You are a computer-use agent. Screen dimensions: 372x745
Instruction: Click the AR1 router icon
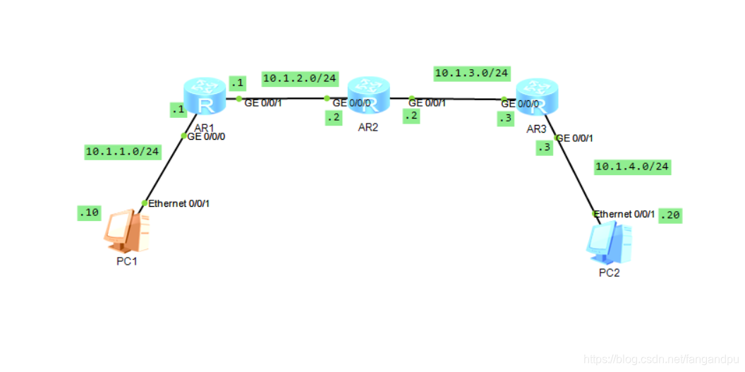pyautogui.click(x=205, y=97)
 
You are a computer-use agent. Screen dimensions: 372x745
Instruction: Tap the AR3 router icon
pyautogui.click(x=537, y=97)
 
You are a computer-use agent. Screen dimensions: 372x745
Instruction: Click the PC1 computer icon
pyautogui.click(x=128, y=230)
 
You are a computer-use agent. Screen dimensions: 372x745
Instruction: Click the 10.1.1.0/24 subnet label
pyautogui.click(x=122, y=151)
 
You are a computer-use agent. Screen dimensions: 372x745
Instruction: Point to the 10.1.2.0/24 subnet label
pyautogui.click(x=300, y=78)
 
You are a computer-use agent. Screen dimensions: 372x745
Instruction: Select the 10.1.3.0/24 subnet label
pyautogui.click(x=472, y=73)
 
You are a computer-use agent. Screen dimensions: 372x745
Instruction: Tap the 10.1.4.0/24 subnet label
pyautogui.click(x=632, y=167)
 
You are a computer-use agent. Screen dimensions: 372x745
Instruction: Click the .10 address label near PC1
pyautogui.click(x=89, y=212)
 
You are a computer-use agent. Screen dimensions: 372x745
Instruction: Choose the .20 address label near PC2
pyautogui.click(x=670, y=215)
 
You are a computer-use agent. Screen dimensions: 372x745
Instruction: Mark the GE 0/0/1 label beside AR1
pyautogui.click(x=262, y=103)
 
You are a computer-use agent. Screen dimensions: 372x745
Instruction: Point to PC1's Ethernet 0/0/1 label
pyautogui.click(x=179, y=203)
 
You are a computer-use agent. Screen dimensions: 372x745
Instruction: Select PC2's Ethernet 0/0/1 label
pyautogui.click(x=625, y=214)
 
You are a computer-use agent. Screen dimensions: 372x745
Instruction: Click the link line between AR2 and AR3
pyautogui.click(x=459, y=99)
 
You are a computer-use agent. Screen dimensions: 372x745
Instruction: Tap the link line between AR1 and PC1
pyautogui.click(x=164, y=169)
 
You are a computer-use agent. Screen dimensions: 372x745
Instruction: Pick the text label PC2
pyautogui.click(x=609, y=273)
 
